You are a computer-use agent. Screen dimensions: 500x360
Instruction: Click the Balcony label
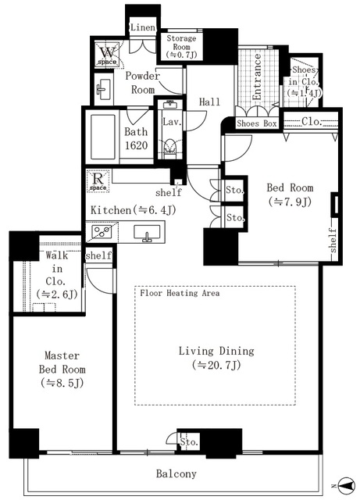click(176, 473)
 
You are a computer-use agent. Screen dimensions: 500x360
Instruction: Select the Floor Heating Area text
click(179, 294)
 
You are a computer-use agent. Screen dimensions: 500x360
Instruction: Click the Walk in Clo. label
click(54, 273)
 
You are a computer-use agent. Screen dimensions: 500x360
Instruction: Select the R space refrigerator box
click(98, 180)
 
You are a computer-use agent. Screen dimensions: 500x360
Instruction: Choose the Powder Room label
click(141, 83)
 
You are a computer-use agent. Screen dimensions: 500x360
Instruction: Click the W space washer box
click(106, 55)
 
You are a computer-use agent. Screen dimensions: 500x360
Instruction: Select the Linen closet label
click(143, 27)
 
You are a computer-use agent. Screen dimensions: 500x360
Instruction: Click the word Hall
click(209, 102)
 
